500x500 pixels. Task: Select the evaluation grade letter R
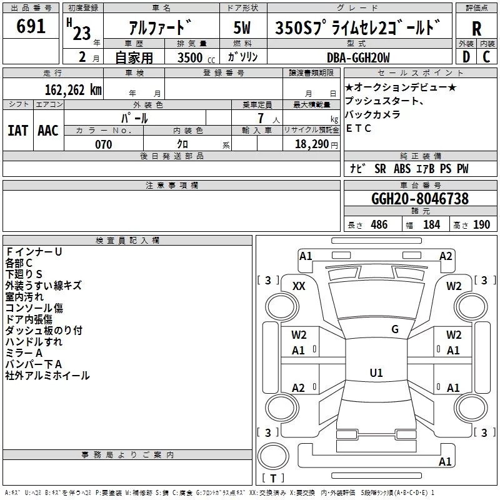pos(476,29)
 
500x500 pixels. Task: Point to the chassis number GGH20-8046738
pos(419,199)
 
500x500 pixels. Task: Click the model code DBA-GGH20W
pos(357,57)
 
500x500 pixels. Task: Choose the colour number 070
pos(103,144)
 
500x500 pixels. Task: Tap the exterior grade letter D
pos(466,57)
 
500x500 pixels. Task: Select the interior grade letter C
pos(486,57)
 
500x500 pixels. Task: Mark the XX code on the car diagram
pos(299,286)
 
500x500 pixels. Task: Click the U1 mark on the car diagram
pos(376,373)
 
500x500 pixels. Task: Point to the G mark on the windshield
pos(395,329)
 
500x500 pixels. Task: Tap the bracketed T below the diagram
pos(272,478)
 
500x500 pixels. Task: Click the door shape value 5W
pos(242,28)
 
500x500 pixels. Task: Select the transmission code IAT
pos(17,130)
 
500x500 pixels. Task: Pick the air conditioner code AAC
pos(47,130)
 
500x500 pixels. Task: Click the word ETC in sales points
pos(359,129)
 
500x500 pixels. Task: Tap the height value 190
pos(481,225)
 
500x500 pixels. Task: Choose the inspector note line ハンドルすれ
pos(34,342)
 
